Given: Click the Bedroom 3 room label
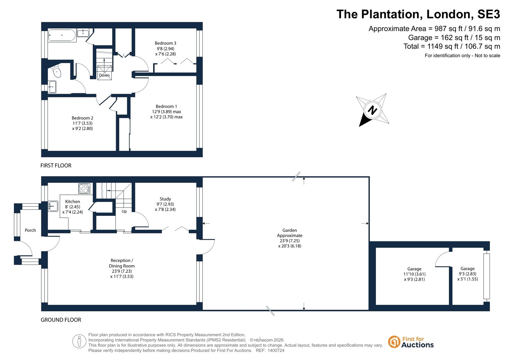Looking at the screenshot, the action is (x=166, y=48).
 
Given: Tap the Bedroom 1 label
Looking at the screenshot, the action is (x=166, y=112).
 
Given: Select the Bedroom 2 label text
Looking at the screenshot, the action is (x=82, y=123).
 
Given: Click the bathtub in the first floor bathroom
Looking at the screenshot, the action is (x=62, y=35).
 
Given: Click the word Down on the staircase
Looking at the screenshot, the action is (x=104, y=75).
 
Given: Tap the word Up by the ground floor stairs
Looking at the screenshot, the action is (x=124, y=211).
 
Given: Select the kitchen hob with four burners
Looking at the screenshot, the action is (x=84, y=188).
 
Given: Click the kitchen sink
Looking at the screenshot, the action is (x=53, y=206).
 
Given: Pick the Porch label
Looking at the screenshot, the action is (x=30, y=230).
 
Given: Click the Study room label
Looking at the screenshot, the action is (x=165, y=204).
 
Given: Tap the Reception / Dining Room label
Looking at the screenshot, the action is (x=122, y=268).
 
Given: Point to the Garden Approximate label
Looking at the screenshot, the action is (x=290, y=238).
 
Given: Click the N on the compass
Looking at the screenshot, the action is (x=372, y=110).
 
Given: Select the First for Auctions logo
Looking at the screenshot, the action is (x=411, y=342).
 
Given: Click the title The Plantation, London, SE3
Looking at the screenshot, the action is (x=418, y=14).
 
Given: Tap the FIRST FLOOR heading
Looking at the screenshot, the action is (x=56, y=166).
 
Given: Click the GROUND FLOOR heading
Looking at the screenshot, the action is (x=61, y=320).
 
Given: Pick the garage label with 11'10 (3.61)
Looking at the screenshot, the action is (x=414, y=274).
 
